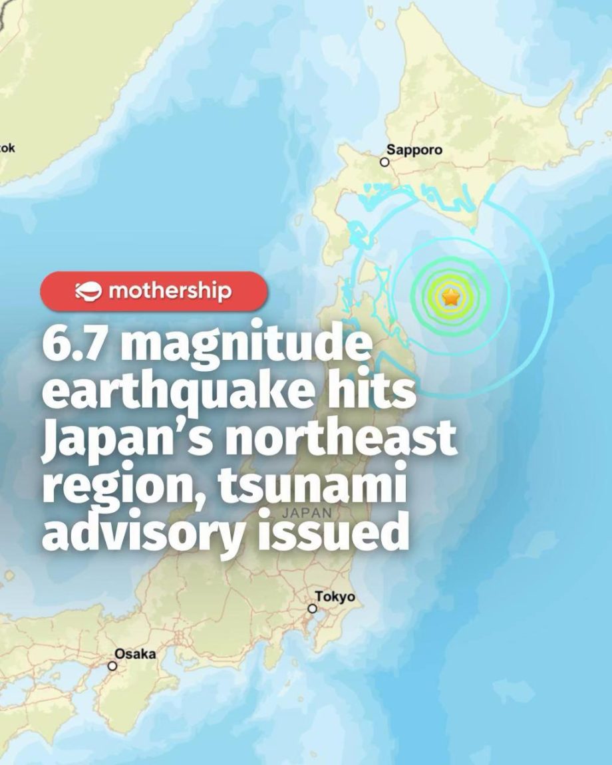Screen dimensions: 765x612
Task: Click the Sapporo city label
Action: [414, 150]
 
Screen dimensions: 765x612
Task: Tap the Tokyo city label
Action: [335, 597]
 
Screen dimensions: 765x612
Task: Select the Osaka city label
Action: [135, 654]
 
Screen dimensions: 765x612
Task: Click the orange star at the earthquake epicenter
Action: [451, 297]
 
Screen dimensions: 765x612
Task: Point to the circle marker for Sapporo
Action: [384, 162]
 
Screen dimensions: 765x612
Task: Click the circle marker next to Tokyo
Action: [312, 608]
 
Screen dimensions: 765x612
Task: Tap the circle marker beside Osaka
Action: [112, 665]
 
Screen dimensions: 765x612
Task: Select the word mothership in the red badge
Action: [169, 291]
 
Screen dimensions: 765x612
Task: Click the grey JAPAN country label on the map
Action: [306, 513]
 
